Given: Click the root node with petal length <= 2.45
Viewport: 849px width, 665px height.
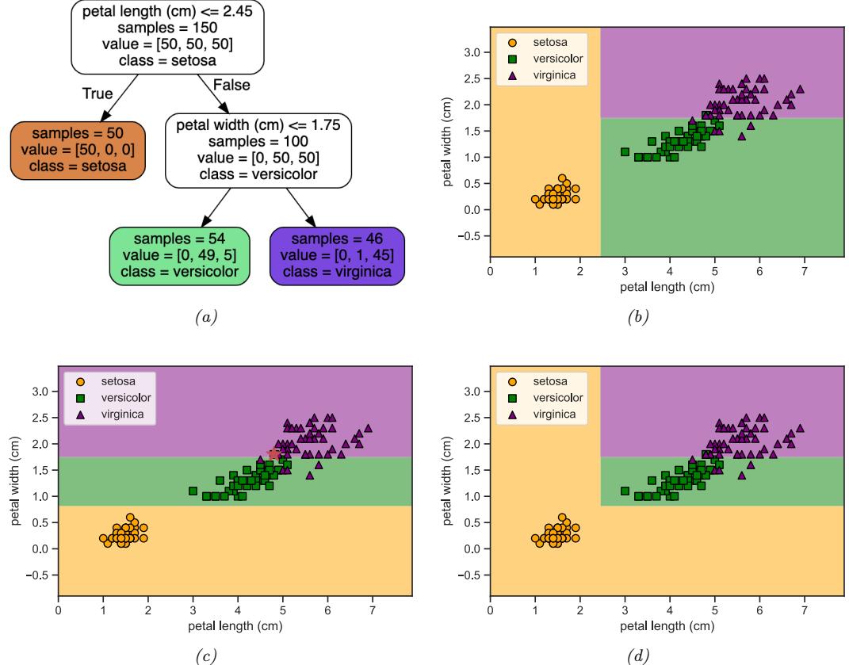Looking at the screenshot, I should tap(168, 38).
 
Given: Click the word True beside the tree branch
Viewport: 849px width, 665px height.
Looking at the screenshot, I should tap(98, 94).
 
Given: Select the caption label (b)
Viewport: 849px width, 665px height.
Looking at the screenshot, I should tap(638, 317).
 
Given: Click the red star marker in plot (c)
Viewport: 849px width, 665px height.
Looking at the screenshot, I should tap(273, 454).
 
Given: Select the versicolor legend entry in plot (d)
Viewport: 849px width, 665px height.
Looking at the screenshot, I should tap(555, 398).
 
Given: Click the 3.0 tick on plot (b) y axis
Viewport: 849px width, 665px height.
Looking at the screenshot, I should tap(473, 52).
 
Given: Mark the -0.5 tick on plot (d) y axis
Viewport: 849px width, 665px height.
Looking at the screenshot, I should tap(472, 575).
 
